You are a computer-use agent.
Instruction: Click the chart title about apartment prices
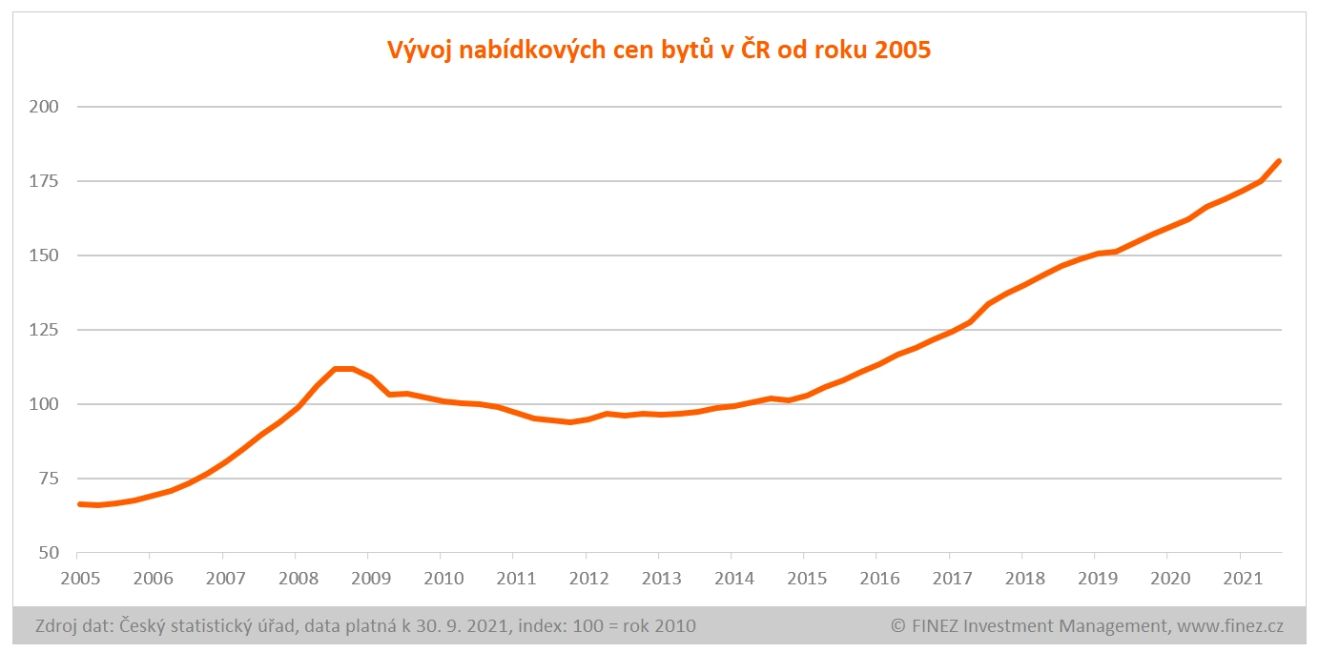coord(658,50)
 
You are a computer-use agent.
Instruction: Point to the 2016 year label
coord(876,578)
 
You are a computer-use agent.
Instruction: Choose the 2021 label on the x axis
coord(1240,578)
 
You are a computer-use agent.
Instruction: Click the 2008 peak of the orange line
coord(343,369)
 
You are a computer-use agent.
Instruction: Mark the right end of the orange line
coord(1279,161)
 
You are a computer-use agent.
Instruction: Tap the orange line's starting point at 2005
coord(79,503)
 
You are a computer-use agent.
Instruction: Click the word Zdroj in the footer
coord(58,626)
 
